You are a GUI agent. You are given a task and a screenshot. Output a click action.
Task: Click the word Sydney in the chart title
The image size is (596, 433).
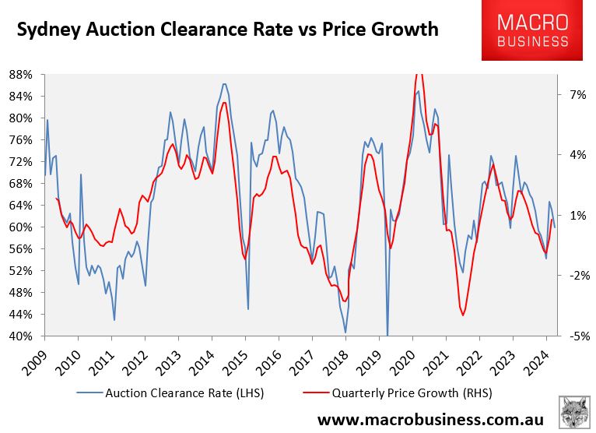pyautogui.click(x=50, y=30)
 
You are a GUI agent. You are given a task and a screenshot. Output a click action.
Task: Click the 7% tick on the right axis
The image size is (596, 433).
pyautogui.click(x=571, y=94)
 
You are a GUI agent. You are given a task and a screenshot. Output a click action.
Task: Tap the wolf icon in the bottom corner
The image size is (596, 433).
pyautogui.click(x=573, y=410)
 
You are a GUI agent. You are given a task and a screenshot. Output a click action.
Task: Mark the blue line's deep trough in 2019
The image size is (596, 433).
pyautogui.click(x=387, y=333)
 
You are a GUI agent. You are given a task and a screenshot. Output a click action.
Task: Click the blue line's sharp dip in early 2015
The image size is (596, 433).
pyautogui.click(x=248, y=308)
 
